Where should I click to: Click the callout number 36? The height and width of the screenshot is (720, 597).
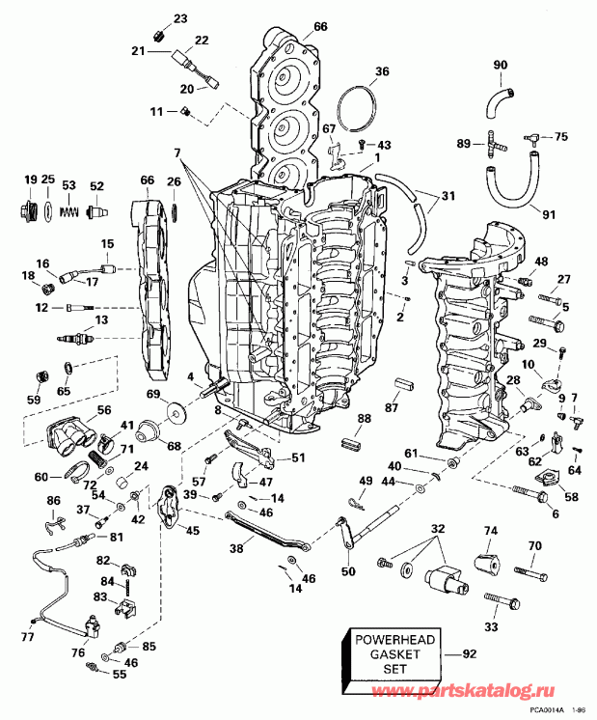[x=382, y=71]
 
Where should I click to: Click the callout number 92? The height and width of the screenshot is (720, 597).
[x=471, y=655]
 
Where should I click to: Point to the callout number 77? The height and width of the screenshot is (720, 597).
[x=26, y=637]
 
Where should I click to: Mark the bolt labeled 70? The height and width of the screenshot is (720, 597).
[x=521, y=571]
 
